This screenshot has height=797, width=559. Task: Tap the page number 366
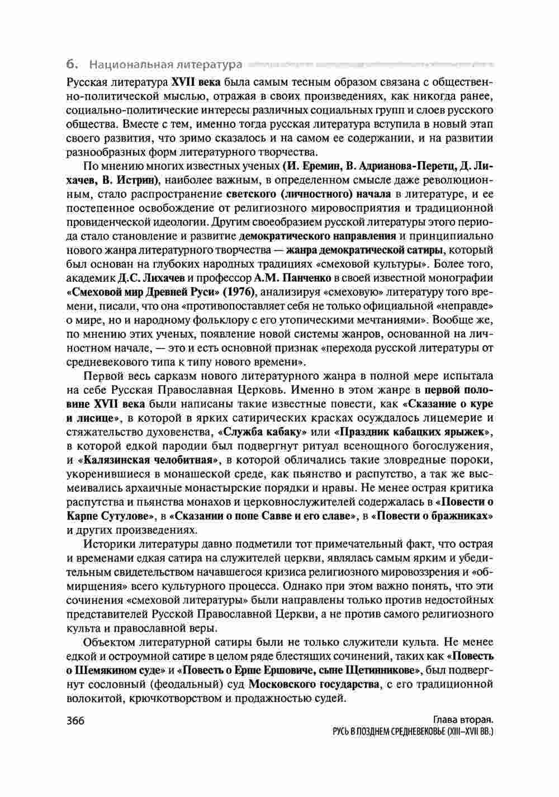74,720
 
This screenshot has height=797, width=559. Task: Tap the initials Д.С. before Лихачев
128,278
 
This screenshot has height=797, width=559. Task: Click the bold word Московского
283,683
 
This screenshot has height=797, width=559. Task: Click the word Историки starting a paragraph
109,544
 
